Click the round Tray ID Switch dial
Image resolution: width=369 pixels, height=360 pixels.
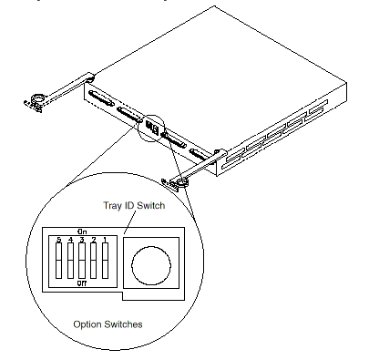click(x=151, y=265)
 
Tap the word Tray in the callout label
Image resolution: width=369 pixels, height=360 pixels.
click(x=112, y=206)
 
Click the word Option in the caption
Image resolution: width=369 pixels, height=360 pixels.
click(x=88, y=324)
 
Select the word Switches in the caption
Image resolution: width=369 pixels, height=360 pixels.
click(x=124, y=324)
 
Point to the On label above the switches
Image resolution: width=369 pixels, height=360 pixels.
click(x=82, y=231)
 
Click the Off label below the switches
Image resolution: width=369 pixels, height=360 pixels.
click(x=82, y=283)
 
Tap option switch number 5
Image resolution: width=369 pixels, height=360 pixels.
click(x=59, y=261)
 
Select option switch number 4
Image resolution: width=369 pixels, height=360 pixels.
click(x=70, y=261)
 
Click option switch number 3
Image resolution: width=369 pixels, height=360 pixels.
click(x=82, y=261)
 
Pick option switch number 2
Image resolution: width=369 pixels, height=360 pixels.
click(x=94, y=261)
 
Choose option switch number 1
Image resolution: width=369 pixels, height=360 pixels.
click(x=105, y=261)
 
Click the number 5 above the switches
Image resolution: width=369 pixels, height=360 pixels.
click(x=59, y=240)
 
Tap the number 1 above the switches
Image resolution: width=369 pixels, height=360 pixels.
click(x=105, y=240)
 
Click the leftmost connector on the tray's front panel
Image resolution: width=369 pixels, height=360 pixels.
click(x=100, y=98)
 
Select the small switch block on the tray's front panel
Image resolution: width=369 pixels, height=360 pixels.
click(x=152, y=128)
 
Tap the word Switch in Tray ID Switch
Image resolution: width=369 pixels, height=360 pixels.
click(x=150, y=205)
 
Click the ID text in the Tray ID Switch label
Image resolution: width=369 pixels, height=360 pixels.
click(x=128, y=206)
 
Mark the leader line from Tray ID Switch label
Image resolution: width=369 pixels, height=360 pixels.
click(x=129, y=222)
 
